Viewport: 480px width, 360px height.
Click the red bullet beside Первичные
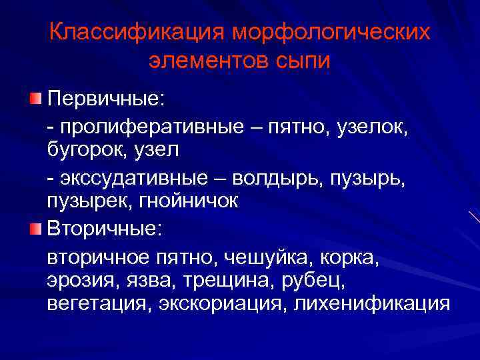point(35,99)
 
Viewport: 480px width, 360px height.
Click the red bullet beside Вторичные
point(35,229)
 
